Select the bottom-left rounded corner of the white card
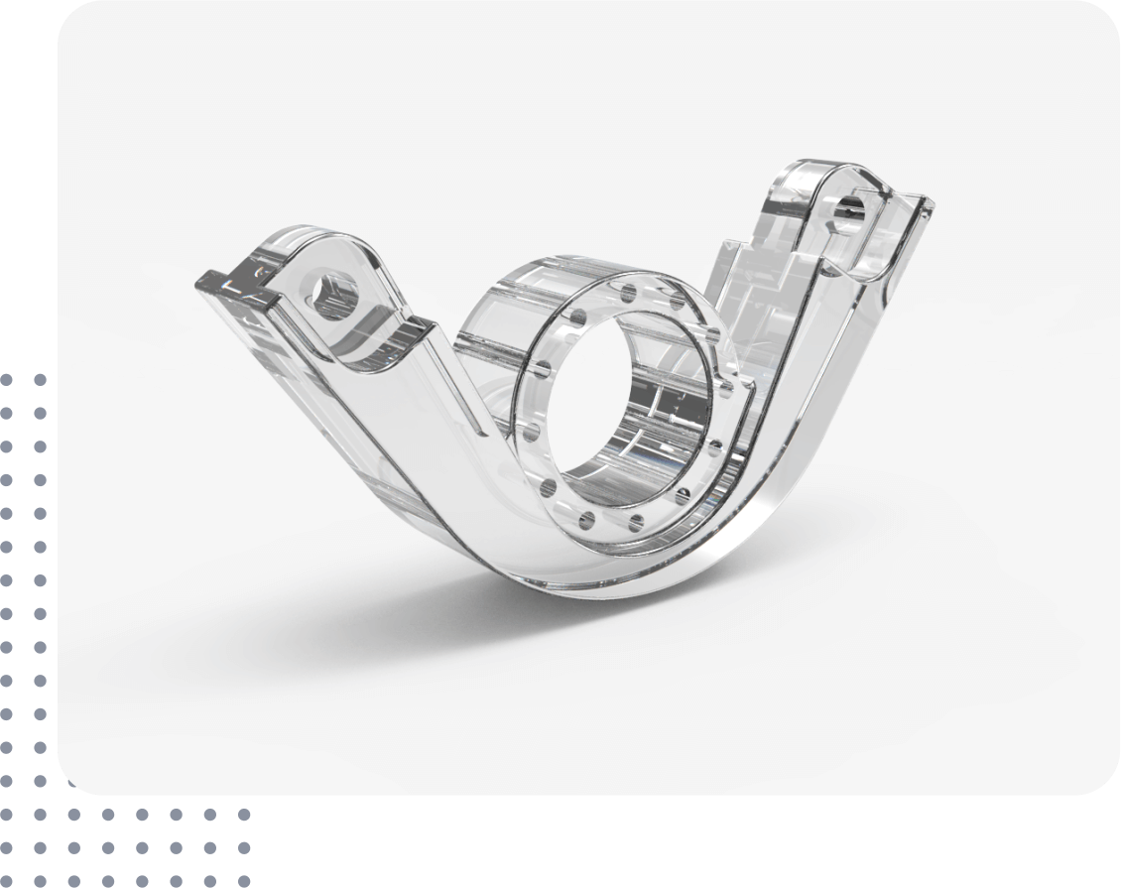74,779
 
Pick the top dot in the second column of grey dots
40,379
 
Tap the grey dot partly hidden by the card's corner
72,784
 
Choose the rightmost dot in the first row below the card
242,815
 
